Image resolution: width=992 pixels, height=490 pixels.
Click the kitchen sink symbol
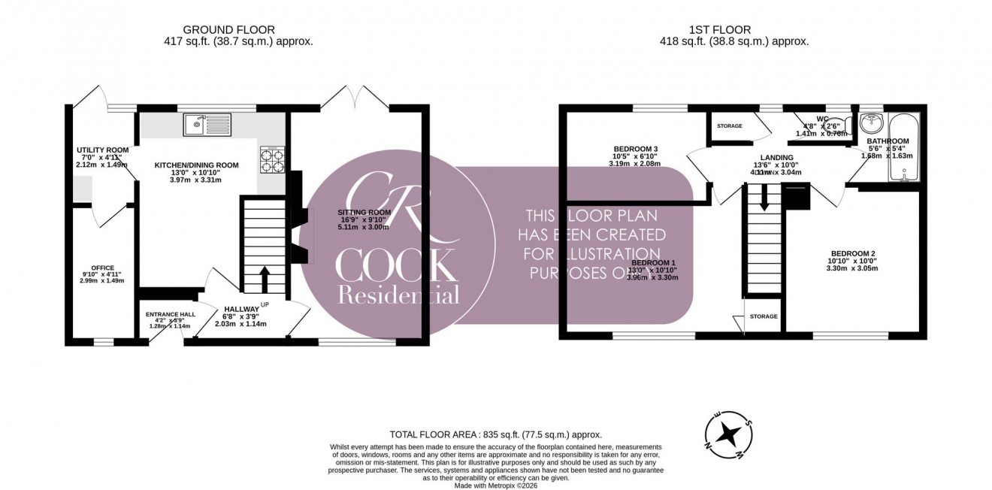point(208,124)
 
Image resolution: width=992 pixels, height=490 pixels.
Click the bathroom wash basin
point(871,122)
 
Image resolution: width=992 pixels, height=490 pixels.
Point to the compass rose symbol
point(727,434)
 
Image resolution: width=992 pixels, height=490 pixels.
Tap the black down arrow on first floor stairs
point(764,198)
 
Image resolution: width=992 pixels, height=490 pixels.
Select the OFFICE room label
point(102,268)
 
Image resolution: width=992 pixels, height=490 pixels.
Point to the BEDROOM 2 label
point(852,253)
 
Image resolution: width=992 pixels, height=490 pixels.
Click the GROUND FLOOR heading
point(224,29)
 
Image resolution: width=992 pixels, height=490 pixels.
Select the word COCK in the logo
point(396,265)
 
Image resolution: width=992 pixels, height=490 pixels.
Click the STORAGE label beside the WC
point(729,126)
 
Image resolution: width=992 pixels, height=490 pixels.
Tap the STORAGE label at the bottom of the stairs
point(763,317)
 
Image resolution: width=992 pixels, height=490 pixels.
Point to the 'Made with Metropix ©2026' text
point(496,485)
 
